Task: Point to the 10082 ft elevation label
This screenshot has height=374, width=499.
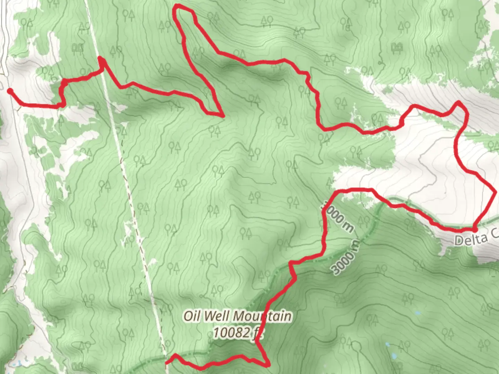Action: (237, 333)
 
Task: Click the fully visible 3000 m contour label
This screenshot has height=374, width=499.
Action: (345, 257)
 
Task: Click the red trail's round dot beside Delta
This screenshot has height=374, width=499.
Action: (474, 229)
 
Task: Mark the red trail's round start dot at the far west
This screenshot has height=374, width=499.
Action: (10, 91)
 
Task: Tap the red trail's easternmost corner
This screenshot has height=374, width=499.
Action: (495, 191)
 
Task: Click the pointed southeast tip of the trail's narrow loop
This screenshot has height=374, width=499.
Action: (222, 115)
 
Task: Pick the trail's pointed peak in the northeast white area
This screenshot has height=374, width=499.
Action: (458, 102)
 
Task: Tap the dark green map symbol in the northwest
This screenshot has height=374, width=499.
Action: (77, 47)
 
